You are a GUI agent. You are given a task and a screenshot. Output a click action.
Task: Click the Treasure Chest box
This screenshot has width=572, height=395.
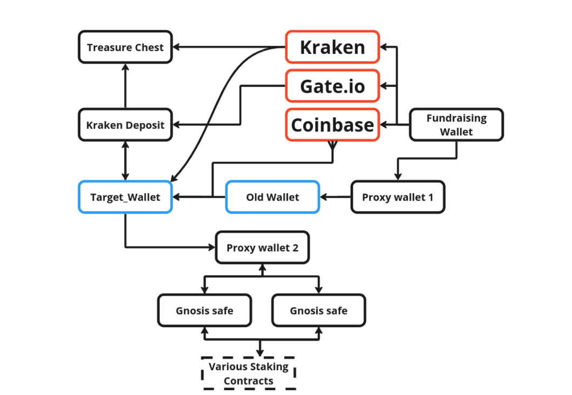pos(125,47)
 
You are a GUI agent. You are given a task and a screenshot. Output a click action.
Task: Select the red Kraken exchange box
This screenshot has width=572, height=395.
pos(332,47)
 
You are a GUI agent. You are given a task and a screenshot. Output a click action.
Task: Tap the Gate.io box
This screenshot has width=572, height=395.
pos(332,86)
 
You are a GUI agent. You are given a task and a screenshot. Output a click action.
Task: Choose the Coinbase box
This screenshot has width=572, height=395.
pos(332,125)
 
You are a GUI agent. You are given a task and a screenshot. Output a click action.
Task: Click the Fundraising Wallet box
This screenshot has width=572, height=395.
pos(456,125)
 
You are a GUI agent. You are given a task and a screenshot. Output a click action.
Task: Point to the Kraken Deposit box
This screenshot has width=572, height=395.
pos(125,125)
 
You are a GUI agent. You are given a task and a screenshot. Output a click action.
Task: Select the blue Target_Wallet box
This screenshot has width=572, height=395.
pos(125,197)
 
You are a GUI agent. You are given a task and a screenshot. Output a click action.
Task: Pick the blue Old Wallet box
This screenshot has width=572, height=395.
pos(272,197)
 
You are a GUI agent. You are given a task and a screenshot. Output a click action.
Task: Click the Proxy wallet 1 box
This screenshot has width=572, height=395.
pos(398,197)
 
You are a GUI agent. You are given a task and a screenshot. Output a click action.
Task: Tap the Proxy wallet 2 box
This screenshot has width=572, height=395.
pos(262,248)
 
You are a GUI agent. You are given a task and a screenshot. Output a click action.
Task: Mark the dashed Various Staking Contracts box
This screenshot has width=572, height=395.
pos(249,373)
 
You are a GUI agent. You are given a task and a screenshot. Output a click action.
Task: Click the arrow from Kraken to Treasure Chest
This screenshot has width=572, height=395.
pos(229,47)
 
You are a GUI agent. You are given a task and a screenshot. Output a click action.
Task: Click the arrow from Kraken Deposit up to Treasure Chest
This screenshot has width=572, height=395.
pos(125,86)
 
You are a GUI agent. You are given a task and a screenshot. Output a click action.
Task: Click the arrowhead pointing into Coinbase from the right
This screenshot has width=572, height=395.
pos(384,125)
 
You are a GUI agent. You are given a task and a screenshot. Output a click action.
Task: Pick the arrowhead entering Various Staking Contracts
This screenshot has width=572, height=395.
pos(261,352)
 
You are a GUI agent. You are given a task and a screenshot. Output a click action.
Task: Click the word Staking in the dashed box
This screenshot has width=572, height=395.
pos(269,367)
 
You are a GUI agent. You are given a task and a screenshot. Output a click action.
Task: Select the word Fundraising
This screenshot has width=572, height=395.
pos(456,118)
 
